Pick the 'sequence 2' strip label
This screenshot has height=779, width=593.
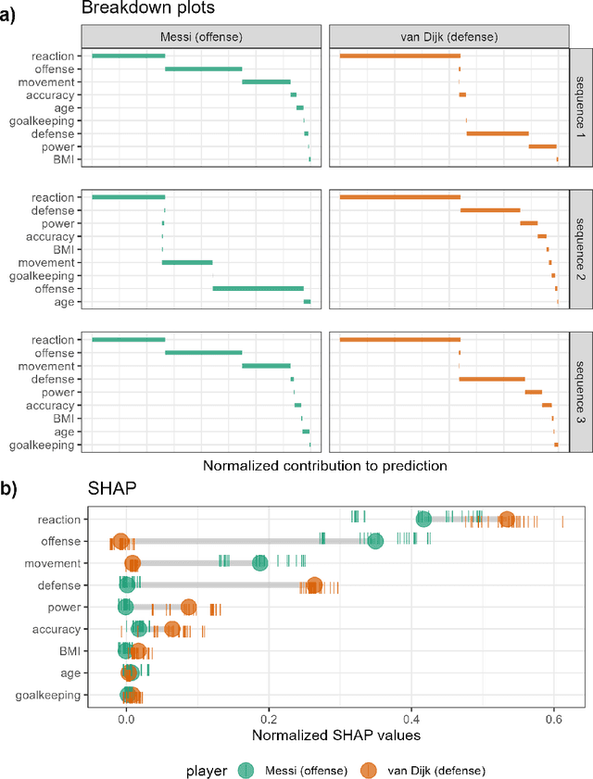tap(579, 250)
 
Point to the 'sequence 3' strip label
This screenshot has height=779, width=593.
tap(579, 392)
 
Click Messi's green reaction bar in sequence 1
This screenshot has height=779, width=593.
tap(128, 56)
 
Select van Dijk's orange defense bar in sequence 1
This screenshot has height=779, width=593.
tap(498, 133)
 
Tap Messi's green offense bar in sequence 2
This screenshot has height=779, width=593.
tap(258, 288)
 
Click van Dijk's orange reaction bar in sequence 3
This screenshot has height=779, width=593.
tap(400, 340)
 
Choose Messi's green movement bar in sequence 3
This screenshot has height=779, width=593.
tap(266, 366)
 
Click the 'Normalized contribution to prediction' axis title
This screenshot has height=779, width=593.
tap(324, 466)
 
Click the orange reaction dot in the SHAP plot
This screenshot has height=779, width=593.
tap(506, 520)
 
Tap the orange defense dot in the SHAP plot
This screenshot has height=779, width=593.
tap(314, 585)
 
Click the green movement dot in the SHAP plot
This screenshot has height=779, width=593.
tap(260, 563)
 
